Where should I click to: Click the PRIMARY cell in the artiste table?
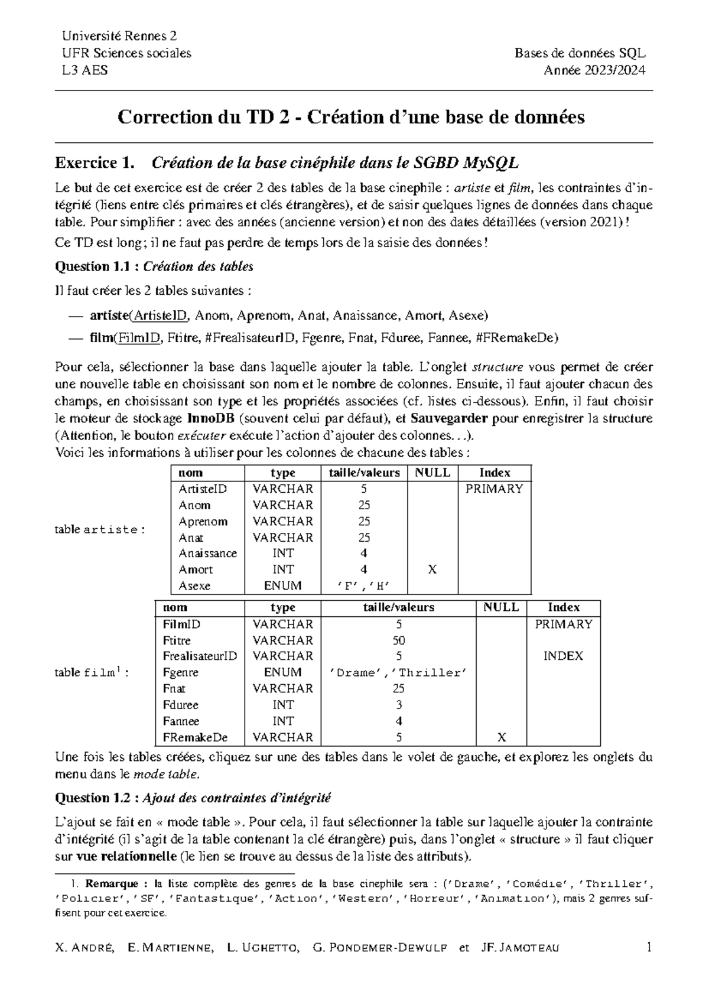pos(494,489)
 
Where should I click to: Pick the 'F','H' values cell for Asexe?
pos(363,586)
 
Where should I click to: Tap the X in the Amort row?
pos(432,570)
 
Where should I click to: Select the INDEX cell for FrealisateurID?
pos(562,656)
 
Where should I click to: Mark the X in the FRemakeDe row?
pos(501,737)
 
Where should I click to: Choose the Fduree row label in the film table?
pos(180,705)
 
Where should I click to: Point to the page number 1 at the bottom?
pos(649,948)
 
